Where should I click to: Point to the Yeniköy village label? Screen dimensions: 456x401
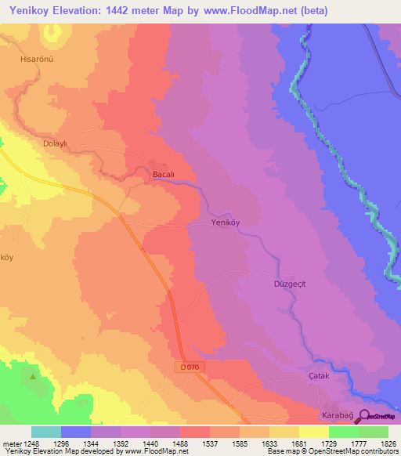tap(229, 223)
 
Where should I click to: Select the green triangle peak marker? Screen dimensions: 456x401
tap(33, 377)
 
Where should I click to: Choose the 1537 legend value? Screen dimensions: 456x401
tap(209, 443)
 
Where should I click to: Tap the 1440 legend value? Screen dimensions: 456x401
tap(150, 443)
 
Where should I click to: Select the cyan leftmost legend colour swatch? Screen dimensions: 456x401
tap(46, 432)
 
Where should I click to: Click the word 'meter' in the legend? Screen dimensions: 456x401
tap(11, 443)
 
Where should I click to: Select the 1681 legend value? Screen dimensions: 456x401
tap(298, 443)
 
